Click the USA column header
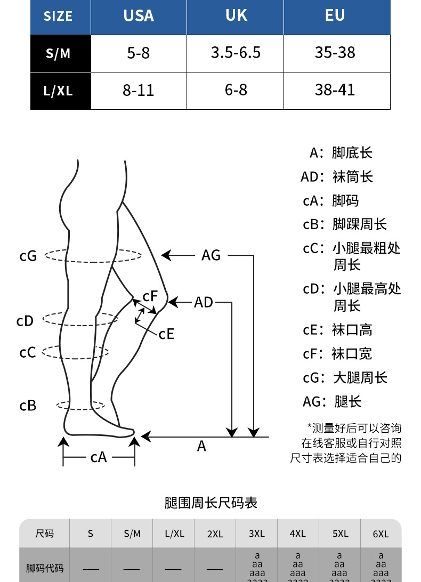pos(139,16)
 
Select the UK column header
pos(236,16)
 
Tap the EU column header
pos(335,16)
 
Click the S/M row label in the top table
pos(58,54)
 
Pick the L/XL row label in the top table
pos(58,91)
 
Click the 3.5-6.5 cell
pos(236,53)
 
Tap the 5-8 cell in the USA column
pos(139,53)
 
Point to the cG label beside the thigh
pos(28,256)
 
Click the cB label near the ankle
pos(28,406)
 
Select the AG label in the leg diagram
pos(211,256)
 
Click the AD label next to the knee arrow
pos(204,303)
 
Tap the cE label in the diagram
pos(166,334)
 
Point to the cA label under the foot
pos(99,457)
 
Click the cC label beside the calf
pos(28,353)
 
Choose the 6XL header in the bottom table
pos(380,533)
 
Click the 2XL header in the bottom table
pos(215,533)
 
